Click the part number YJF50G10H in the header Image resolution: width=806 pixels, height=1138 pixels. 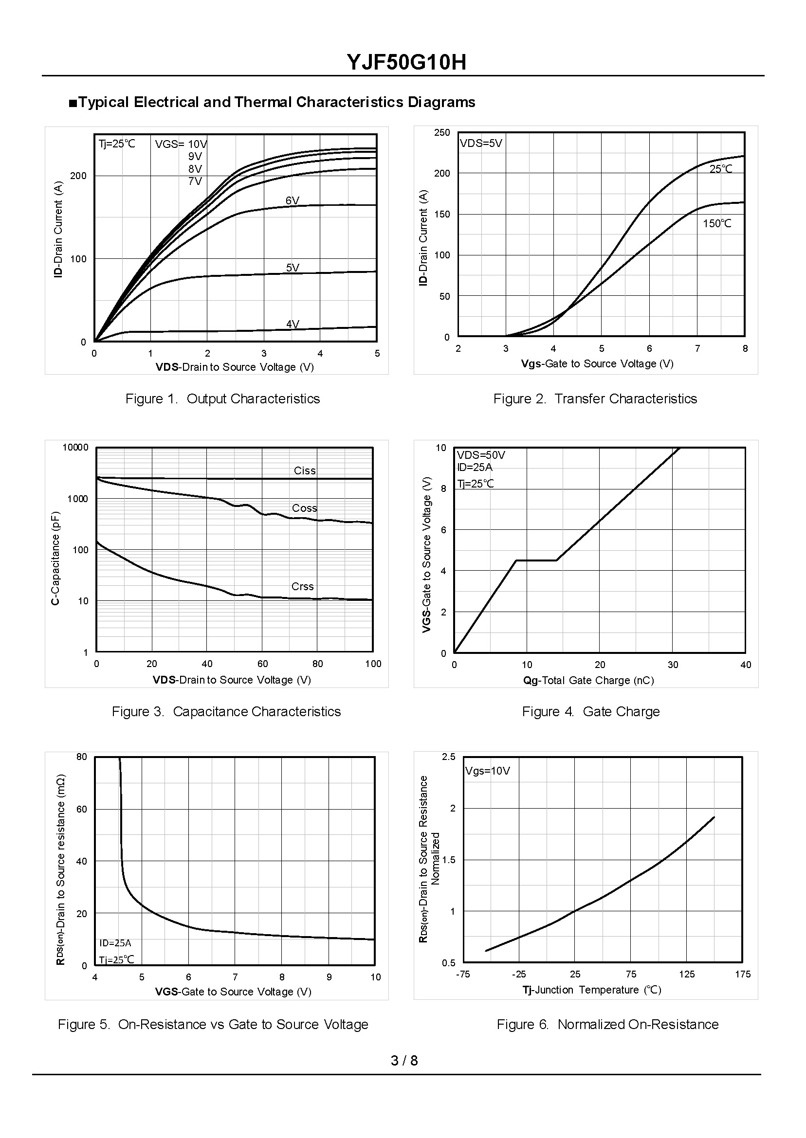point(406,63)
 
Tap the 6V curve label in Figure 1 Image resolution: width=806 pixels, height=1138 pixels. point(293,201)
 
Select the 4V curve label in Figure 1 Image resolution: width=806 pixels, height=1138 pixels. point(293,325)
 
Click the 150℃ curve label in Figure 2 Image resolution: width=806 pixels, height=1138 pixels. point(716,224)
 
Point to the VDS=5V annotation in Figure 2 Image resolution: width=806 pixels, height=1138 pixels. point(480,144)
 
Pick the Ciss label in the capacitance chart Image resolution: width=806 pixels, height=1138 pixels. point(304,471)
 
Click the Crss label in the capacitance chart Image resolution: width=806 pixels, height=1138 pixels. point(302,587)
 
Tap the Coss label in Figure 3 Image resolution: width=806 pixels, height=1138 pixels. point(304,508)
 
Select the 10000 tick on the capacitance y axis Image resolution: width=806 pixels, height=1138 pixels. point(75,448)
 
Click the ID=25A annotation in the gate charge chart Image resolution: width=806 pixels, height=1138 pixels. point(475,467)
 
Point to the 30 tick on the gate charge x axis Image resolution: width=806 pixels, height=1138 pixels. point(673,665)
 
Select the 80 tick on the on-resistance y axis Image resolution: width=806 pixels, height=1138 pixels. point(81,757)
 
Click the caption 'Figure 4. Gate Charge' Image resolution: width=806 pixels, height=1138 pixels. point(590,712)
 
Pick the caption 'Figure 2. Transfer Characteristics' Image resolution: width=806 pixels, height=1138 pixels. point(595,399)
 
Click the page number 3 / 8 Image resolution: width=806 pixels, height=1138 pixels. point(404,1061)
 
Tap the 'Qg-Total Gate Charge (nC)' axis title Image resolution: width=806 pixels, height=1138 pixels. point(588,681)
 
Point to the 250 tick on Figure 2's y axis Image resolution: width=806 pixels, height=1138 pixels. point(442,133)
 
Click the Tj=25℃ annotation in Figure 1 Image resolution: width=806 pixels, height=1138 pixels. point(117,145)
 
